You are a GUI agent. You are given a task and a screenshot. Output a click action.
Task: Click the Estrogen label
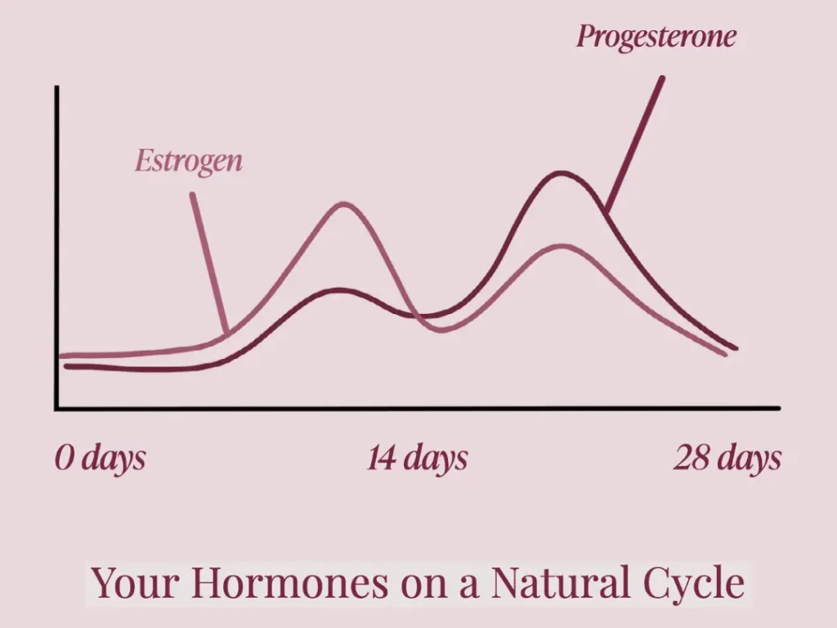pos(189,161)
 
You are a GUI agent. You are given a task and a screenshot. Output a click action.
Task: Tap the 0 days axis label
pos(100,458)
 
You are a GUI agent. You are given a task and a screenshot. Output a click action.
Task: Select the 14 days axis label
pos(417,458)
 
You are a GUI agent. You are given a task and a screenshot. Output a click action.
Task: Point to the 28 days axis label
pos(727,458)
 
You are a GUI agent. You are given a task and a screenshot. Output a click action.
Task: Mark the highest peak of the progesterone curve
pos(561,173)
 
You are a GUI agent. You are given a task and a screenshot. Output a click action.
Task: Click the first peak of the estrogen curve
pos(343,204)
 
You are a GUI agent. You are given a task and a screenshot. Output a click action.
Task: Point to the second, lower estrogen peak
pos(562,246)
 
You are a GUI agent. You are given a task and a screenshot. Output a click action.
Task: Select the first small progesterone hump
pos(338,290)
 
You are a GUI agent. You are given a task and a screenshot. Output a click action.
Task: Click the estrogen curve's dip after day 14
pos(441,330)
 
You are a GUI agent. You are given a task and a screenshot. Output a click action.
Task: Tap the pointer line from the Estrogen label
pos(210,263)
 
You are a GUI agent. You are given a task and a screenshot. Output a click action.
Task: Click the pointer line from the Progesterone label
pos(634,144)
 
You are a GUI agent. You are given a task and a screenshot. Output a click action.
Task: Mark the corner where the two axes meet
pos(56,409)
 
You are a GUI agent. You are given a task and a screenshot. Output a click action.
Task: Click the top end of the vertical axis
pos(56,87)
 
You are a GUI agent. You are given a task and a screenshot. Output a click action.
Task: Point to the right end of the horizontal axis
pos(779,409)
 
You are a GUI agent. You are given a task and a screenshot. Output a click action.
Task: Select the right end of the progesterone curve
pos(736,348)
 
